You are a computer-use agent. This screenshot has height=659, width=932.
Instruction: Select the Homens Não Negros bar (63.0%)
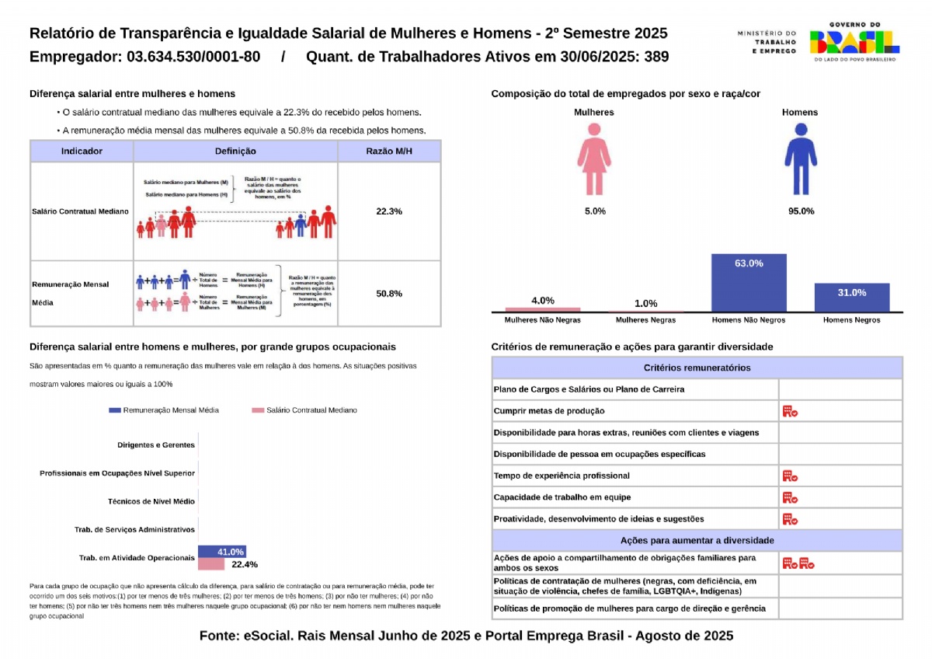coord(749,283)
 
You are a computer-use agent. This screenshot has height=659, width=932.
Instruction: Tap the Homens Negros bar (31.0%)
coord(851,297)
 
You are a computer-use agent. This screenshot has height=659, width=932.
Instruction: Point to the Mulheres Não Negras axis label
coord(542,320)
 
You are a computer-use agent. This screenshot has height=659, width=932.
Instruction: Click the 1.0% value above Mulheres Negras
coord(645,303)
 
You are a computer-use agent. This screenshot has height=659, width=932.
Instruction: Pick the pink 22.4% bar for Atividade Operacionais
coord(211,564)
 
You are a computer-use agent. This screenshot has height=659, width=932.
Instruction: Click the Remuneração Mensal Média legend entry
coord(165,410)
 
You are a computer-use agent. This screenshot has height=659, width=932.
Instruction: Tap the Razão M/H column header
coord(389,152)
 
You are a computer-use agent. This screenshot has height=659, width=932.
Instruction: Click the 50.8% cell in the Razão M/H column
coord(389,294)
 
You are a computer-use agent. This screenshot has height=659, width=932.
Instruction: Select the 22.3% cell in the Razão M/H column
coord(389,211)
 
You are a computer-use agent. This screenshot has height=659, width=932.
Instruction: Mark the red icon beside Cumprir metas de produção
coord(790,411)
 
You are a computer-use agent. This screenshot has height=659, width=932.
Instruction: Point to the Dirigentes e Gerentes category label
coord(156,445)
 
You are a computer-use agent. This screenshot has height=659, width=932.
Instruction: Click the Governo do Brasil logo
coord(854,42)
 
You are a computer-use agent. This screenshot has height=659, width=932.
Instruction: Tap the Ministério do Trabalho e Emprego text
coord(767,42)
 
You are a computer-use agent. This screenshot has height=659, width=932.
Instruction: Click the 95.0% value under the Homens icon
coord(801,211)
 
